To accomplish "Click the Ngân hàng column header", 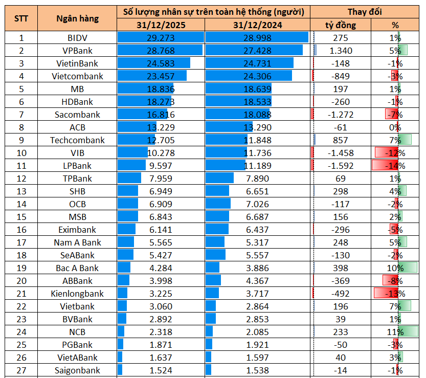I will pyautogui.click(x=78, y=18).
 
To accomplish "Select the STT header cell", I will pyautogui.click(x=21, y=18).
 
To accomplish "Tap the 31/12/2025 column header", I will pyautogui.click(x=161, y=25).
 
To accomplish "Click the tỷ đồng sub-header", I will pyautogui.click(x=340, y=25).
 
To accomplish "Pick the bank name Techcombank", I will pyautogui.click(x=77, y=140).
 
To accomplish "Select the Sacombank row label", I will pyautogui.click(x=77, y=115).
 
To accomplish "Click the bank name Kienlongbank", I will pyautogui.click(x=77, y=294).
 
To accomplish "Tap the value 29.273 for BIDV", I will pyautogui.click(x=161, y=38).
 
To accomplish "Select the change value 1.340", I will pyautogui.click(x=340, y=51).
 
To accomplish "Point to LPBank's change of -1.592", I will pyautogui.click(x=340, y=166).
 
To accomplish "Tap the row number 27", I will pyautogui.click(x=21, y=370).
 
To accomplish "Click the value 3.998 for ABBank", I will pyautogui.click(x=161, y=281).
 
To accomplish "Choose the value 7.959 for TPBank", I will pyautogui.click(x=161, y=179).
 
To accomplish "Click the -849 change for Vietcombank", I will pyautogui.click(x=340, y=76).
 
